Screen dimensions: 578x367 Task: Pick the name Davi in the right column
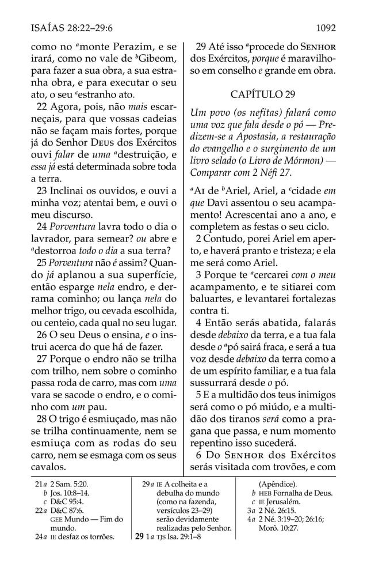point(217,206)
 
